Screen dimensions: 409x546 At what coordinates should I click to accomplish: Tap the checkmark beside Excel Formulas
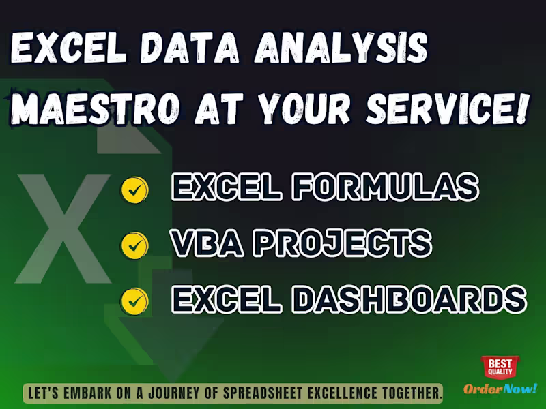click(x=134, y=190)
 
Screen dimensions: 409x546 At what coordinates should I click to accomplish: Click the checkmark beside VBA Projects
click(x=134, y=245)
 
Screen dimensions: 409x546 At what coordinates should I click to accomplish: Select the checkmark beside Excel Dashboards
click(x=134, y=300)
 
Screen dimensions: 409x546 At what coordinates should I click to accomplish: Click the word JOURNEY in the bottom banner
click(x=184, y=393)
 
